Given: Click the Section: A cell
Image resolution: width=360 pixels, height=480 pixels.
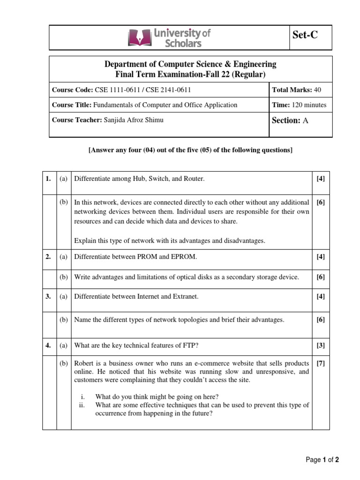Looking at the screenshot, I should coord(290,120).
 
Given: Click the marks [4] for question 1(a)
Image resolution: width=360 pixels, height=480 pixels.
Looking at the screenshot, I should coord(320,179).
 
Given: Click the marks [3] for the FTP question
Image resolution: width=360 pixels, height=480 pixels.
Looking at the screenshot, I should coord(320,345).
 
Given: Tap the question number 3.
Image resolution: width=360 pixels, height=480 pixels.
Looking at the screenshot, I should coord(48,296).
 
